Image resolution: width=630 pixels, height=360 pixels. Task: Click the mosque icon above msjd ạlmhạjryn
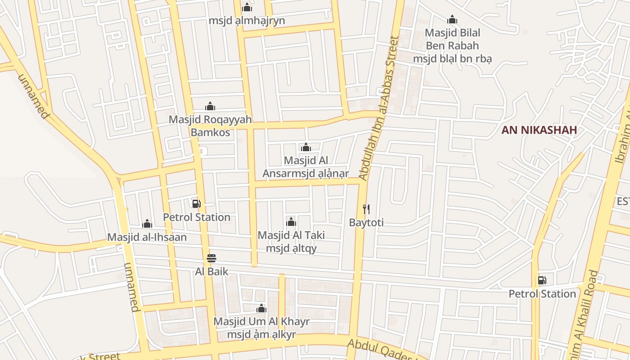click(x=247, y=7)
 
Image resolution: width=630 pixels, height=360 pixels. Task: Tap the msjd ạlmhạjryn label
click(x=247, y=21)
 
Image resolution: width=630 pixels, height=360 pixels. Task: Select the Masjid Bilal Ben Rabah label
click(x=452, y=45)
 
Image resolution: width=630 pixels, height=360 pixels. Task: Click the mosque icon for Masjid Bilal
click(x=452, y=19)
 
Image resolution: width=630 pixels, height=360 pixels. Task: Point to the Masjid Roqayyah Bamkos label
click(x=210, y=126)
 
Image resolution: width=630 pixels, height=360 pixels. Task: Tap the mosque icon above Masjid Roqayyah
click(x=210, y=106)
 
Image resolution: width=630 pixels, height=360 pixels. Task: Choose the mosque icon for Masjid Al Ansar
click(x=306, y=147)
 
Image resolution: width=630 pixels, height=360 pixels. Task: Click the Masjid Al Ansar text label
click(x=306, y=167)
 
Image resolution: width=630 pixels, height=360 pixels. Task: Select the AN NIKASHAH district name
click(x=539, y=130)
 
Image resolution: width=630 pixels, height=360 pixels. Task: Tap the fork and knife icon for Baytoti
click(x=366, y=209)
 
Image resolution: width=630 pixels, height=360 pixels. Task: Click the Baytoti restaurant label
click(x=366, y=222)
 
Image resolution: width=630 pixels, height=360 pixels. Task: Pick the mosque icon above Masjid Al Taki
click(x=291, y=221)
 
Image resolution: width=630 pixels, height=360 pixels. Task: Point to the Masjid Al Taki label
click(x=291, y=242)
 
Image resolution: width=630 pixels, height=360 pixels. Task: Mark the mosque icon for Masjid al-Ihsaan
click(x=147, y=224)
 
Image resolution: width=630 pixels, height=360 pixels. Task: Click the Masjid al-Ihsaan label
click(x=147, y=237)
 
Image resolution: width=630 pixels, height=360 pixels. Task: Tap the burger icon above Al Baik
click(x=211, y=258)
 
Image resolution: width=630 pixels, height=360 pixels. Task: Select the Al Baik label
click(x=211, y=272)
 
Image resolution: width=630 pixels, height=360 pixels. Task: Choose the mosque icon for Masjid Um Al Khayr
click(x=261, y=308)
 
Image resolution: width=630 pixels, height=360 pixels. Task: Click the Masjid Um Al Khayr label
click(x=261, y=328)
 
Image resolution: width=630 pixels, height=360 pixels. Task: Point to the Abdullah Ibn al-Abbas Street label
click(x=379, y=108)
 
